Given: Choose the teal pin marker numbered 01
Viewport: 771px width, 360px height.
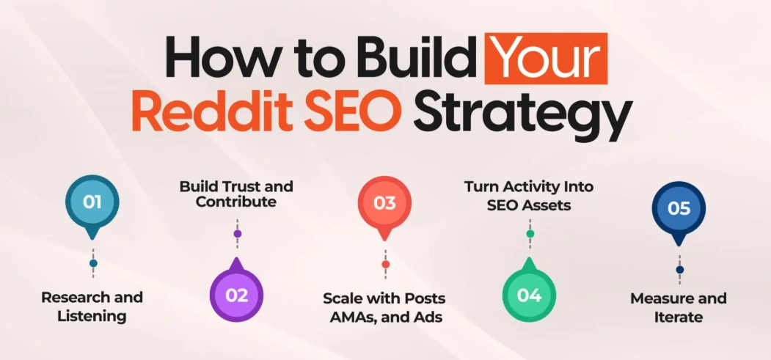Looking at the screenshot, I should [92, 202].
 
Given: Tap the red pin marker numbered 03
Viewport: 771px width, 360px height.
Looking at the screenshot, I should [384, 202].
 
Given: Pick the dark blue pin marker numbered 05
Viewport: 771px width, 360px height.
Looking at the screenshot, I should [679, 208].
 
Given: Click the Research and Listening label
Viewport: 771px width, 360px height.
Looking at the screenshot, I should [92, 307].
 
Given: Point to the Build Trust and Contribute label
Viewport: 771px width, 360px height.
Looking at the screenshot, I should [236, 194].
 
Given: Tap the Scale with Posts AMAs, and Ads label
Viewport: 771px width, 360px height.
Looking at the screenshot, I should [384, 307].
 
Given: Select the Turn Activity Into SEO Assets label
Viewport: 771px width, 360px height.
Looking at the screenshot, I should [529, 196].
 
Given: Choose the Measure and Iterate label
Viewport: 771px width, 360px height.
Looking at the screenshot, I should [679, 307].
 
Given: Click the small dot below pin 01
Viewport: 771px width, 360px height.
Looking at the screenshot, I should [93, 263].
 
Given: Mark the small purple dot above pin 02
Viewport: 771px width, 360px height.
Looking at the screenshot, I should [237, 234].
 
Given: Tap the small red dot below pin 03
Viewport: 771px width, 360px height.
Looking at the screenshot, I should [385, 264].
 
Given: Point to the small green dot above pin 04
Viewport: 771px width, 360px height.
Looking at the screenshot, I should [530, 234].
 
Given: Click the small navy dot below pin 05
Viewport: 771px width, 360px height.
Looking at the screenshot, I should [680, 270].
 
